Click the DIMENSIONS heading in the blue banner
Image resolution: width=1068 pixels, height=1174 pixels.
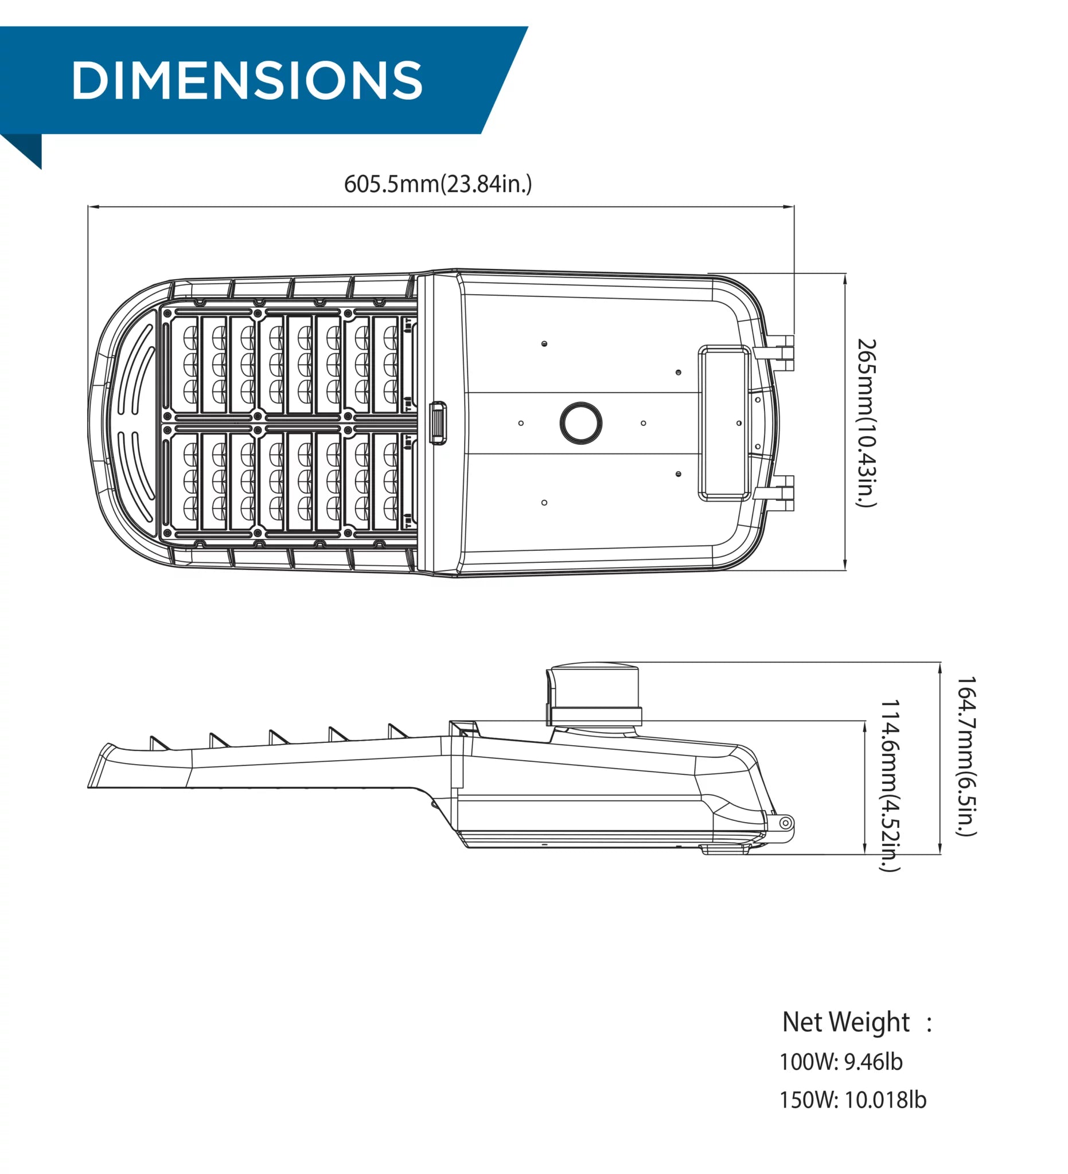pyautogui.click(x=247, y=80)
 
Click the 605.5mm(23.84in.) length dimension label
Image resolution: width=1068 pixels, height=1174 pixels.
pyautogui.click(x=438, y=184)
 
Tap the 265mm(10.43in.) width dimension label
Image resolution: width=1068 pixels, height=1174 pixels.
pyautogui.click(x=867, y=423)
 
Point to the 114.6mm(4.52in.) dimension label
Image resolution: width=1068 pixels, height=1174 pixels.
pyautogui.click(x=890, y=785)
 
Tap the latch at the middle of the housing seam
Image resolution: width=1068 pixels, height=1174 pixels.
pyautogui.click(x=438, y=423)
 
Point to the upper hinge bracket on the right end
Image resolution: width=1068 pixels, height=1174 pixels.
pyautogui.click(x=774, y=353)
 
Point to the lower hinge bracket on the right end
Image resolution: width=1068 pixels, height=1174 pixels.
pyautogui.click(x=774, y=492)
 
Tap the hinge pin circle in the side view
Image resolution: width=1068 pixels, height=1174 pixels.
pyautogui.click(x=785, y=823)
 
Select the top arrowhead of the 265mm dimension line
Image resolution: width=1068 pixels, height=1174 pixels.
pyautogui.click(x=845, y=279)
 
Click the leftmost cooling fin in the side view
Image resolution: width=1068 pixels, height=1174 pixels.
pyautogui.click(x=158, y=743)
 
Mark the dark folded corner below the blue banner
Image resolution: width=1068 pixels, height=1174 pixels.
pyautogui.click(x=24, y=150)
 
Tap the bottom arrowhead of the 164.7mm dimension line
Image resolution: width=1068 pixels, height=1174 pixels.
pyautogui.click(x=940, y=848)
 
